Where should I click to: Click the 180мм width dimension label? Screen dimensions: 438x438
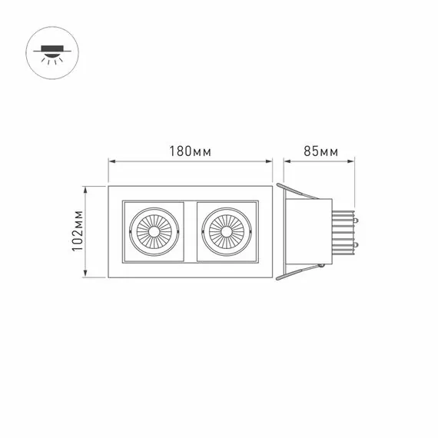[191, 151]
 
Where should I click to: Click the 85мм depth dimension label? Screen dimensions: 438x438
[320, 151]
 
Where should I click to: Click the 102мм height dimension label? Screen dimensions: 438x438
[78, 231]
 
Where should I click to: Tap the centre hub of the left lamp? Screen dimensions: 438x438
[154, 231]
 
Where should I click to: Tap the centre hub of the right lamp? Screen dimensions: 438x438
[226, 231]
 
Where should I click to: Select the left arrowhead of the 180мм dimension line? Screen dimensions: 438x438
[112, 161]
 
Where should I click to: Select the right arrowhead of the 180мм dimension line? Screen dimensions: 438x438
[269, 161]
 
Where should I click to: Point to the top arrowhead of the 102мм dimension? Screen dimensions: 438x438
[86, 190]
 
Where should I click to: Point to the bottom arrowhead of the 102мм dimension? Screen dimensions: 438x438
[86, 274]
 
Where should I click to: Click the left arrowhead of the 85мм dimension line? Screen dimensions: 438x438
[287, 161]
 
